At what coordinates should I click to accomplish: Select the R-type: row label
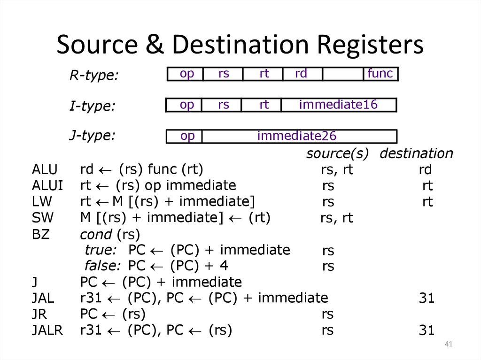click(94, 75)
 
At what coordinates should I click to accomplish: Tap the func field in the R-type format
click(380, 74)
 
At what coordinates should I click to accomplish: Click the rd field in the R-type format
click(301, 74)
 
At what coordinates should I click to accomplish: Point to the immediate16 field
click(338, 104)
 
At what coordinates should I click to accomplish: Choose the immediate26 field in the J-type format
click(297, 136)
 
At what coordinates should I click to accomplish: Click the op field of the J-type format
click(187, 136)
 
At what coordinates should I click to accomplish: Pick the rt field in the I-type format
click(264, 104)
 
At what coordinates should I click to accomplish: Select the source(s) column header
click(337, 153)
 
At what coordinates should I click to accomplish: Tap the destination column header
click(416, 153)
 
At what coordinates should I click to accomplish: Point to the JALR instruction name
click(47, 330)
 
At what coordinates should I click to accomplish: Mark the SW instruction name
click(43, 218)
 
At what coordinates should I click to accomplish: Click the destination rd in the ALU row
click(425, 169)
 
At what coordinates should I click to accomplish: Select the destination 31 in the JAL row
click(427, 299)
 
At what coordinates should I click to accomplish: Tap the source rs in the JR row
click(328, 314)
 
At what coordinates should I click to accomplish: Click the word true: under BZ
click(101, 250)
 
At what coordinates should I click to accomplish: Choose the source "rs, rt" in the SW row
click(336, 218)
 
